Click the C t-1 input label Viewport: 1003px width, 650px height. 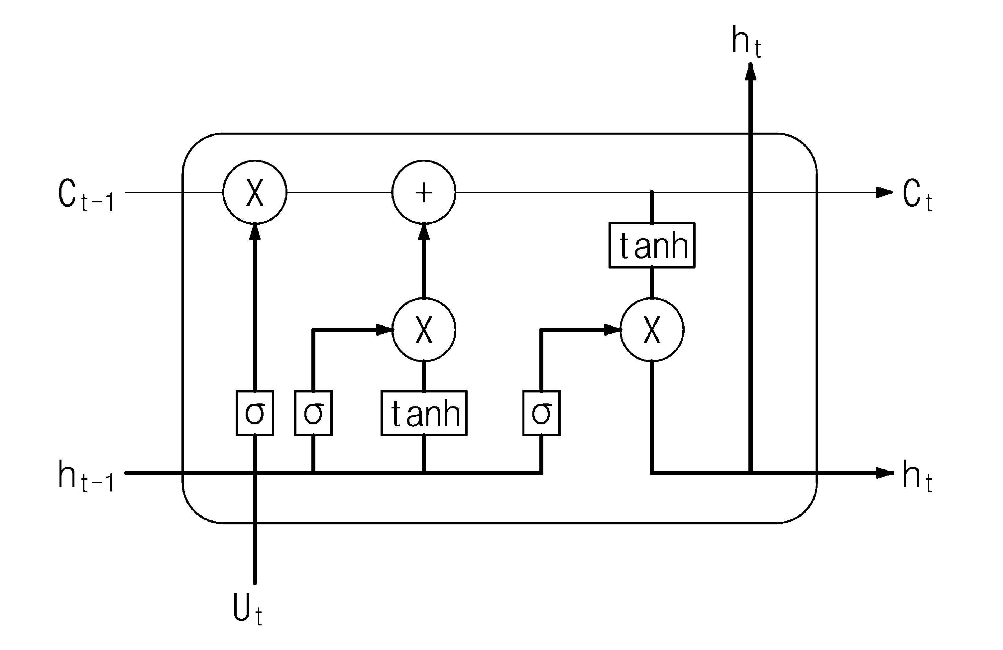click(x=86, y=195)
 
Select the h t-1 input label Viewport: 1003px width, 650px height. click(x=86, y=476)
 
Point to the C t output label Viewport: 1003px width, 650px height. click(x=917, y=195)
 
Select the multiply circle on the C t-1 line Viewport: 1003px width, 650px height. click(x=255, y=192)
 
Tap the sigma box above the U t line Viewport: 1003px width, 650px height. click(x=255, y=413)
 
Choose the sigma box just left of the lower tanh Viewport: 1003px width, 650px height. click(x=313, y=413)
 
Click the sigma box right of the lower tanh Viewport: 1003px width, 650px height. click(x=541, y=413)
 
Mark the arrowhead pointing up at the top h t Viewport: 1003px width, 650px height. click(x=750, y=72)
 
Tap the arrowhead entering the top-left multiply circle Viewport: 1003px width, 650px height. click(x=255, y=232)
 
